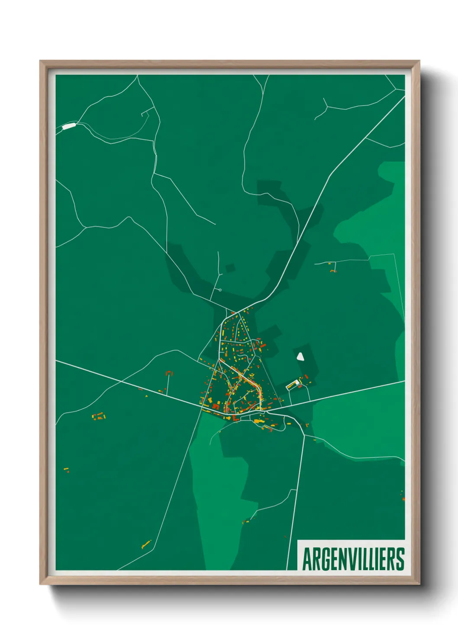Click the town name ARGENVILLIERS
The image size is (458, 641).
click(353, 559)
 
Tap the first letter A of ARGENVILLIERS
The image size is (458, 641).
click(307, 559)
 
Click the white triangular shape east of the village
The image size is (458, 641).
click(300, 356)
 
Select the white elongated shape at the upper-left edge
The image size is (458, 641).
click(69, 126)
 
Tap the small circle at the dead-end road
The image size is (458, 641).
click(220, 290)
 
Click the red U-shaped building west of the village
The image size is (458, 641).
click(169, 372)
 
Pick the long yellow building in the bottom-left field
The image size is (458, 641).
click(146, 544)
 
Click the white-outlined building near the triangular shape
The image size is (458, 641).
click(294, 384)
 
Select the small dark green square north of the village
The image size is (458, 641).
click(230, 268)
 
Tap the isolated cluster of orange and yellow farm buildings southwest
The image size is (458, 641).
click(99, 417)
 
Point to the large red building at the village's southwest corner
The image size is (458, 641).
click(216, 406)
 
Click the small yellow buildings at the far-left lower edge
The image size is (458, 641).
click(66, 469)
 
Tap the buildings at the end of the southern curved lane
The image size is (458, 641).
click(246, 521)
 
